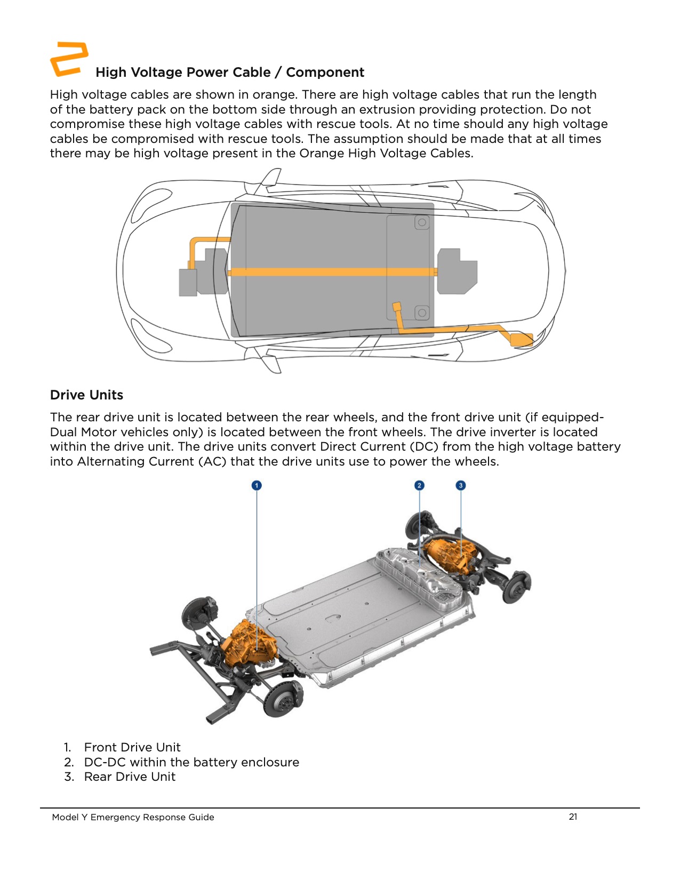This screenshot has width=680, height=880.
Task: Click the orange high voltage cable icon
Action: (x=68, y=59)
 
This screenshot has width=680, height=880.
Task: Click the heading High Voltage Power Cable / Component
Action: (x=230, y=73)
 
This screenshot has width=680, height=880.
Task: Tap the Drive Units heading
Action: (x=86, y=395)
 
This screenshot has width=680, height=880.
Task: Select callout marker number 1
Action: (x=257, y=485)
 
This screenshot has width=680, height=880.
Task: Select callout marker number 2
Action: (x=419, y=485)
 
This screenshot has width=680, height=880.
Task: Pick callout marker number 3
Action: (x=461, y=485)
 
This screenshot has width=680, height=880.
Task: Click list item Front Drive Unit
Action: (x=132, y=747)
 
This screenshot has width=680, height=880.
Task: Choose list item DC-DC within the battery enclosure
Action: (x=191, y=762)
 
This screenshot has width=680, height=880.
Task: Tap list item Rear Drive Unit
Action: (x=129, y=777)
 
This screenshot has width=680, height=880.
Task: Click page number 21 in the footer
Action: (x=573, y=817)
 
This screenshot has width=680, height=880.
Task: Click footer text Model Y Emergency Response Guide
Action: (x=133, y=817)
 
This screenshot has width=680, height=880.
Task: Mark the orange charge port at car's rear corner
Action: (x=521, y=339)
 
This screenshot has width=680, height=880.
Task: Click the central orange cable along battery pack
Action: (x=331, y=272)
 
